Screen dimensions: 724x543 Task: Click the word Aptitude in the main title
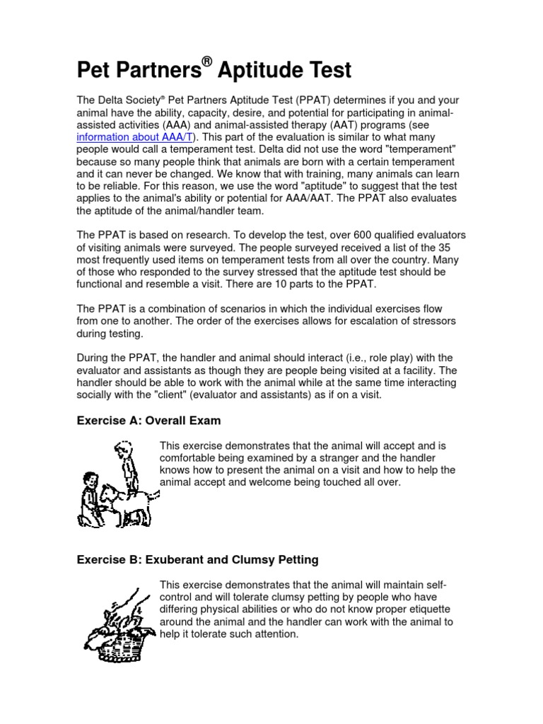261,71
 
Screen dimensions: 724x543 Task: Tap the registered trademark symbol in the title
206,62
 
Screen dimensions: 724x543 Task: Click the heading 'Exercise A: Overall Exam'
148,421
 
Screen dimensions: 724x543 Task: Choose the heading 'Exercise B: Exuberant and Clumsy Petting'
197,560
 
